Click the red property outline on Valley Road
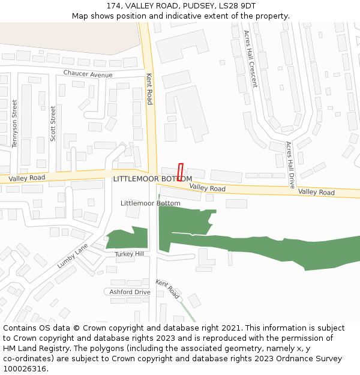click(x=180, y=172)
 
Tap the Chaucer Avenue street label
click(x=88, y=74)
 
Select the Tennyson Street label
click(x=14, y=124)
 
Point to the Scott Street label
click(x=53, y=123)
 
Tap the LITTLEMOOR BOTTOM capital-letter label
click(x=152, y=179)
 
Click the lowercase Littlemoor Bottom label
click(x=150, y=203)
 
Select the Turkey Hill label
click(x=130, y=254)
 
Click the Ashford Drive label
click(x=130, y=292)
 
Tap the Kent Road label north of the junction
click(x=149, y=89)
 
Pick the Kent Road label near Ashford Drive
click(x=167, y=289)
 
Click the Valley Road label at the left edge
click(x=27, y=178)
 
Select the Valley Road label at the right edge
click(x=316, y=192)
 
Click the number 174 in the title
click(x=114, y=5)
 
